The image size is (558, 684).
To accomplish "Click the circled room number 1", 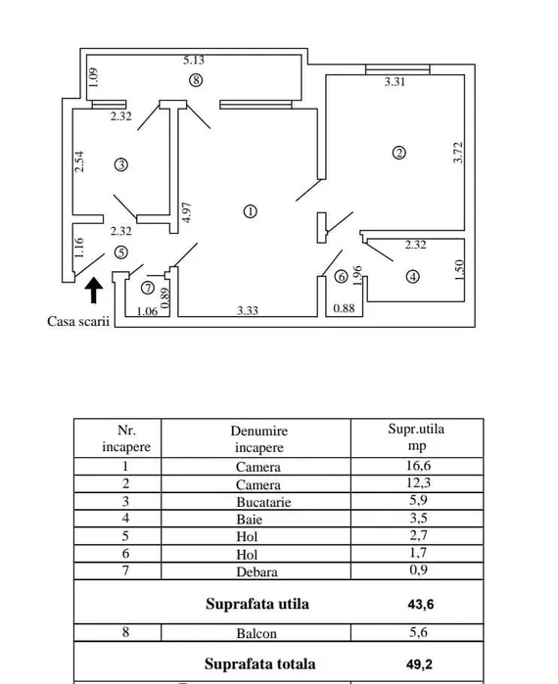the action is coord(250,211).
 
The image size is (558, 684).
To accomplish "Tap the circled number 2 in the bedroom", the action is coord(399,153).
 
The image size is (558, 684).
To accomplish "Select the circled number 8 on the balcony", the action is coord(196,80).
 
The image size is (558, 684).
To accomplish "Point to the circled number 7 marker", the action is coord(148,288).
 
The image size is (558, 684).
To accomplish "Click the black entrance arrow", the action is coord(94,290).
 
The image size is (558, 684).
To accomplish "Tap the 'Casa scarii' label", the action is coord(78,321).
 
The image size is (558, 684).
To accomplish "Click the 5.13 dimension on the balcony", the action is coord(194,61).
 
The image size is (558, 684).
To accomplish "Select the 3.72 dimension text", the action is coord(458,153).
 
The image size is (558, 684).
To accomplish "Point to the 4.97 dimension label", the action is coord(186,212).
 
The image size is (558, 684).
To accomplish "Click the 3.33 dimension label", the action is coord(248,310).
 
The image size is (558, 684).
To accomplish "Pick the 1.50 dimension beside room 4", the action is coord(459,270).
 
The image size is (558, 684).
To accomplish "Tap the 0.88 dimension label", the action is coord(344,308).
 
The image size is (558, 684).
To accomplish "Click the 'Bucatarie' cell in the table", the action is coord(263,502).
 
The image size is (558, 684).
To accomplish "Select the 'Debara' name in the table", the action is coord(256,571).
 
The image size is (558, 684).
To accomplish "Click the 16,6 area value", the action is coord(418,466).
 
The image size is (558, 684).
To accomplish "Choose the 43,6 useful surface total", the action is coord(421,605).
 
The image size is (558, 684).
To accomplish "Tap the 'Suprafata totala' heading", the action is coord(259,663).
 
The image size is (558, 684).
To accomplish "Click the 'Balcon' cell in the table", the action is coord(256,633).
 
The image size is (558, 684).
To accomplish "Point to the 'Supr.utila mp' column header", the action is coord(416,437).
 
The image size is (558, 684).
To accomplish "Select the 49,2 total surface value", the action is coord(419,664).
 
